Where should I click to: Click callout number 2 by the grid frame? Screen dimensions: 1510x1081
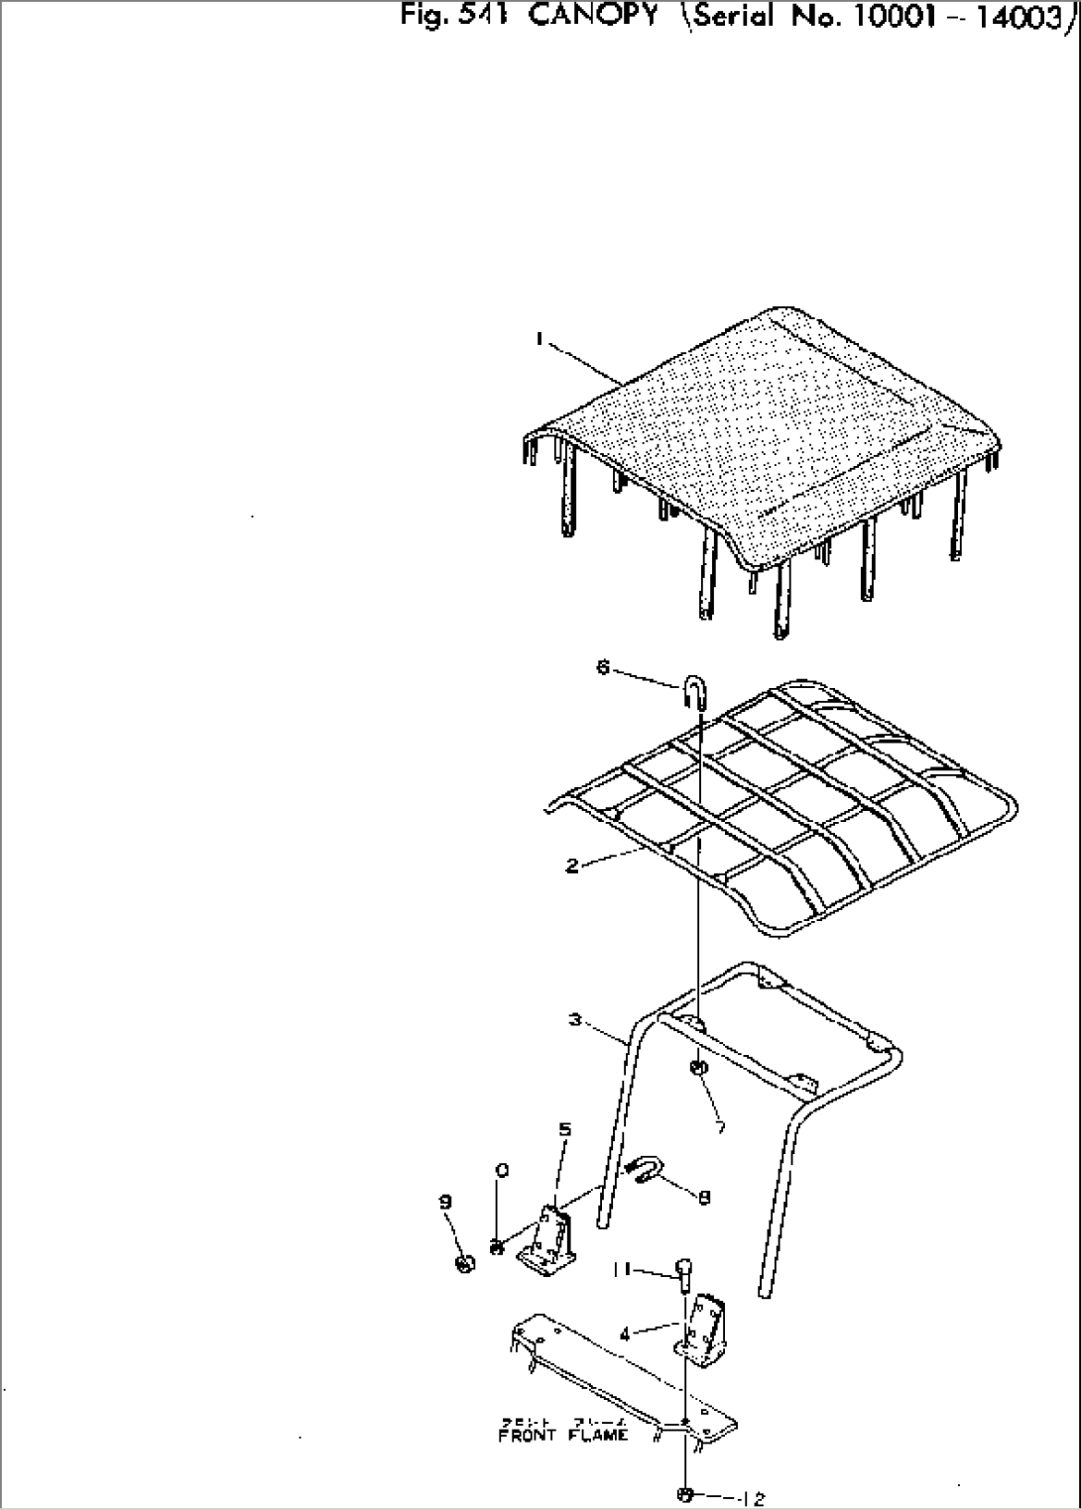pyautogui.click(x=572, y=866)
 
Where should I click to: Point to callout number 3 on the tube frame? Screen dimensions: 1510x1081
pyautogui.click(x=576, y=1019)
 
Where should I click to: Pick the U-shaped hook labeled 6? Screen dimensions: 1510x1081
pyautogui.click(x=693, y=691)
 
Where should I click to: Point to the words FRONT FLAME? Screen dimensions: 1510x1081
pyautogui.click(x=562, y=1435)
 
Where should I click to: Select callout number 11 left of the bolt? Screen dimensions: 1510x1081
pyautogui.click(x=620, y=1268)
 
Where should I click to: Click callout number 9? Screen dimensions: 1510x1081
pyautogui.click(x=445, y=1202)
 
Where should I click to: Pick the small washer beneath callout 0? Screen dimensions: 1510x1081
pyautogui.click(x=498, y=1246)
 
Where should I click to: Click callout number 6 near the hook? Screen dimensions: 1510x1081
pyautogui.click(x=602, y=666)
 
